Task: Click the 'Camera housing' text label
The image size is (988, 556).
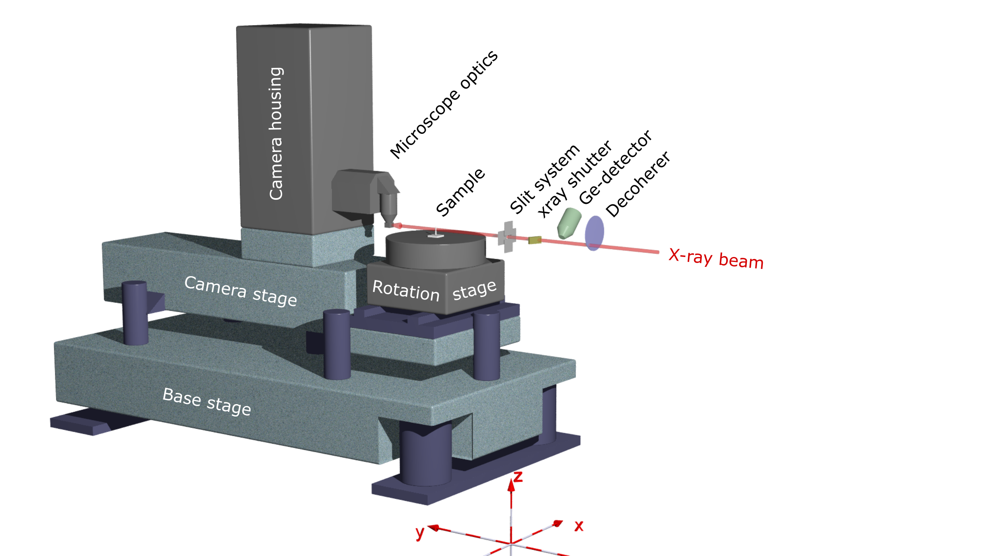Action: coord(276,134)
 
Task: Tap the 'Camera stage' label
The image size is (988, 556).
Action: coord(241,291)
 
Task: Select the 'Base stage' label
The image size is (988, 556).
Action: coord(207,402)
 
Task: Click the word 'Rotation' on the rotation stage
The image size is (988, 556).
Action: coord(406,290)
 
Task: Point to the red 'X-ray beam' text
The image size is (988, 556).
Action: coord(716,259)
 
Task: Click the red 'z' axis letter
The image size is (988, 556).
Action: coord(518,477)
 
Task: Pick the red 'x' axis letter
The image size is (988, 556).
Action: coord(579,526)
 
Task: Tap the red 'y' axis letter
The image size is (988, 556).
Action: coord(420,533)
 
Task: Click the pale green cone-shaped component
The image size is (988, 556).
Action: coord(569,223)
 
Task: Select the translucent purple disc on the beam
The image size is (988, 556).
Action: coord(594,233)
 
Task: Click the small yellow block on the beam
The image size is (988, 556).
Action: coord(535,240)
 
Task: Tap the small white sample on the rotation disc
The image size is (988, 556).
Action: coord(436,235)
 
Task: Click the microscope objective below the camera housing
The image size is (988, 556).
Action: coord(389,210)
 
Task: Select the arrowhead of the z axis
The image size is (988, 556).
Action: coord(511,485)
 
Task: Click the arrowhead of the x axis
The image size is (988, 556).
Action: coord(559,523)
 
